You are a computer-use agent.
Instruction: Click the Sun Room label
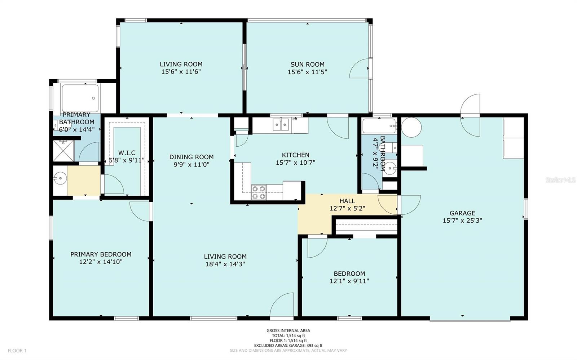(x=307, y=65)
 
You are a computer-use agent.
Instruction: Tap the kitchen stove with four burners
(x=259, y=192)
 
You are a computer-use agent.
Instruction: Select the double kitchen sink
(x=281, y=125)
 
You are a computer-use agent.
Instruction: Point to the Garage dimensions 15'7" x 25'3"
(x=462, y=221)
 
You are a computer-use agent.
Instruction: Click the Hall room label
(x=347, y=201)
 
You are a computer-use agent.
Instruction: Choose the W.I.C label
(x=127, y=153)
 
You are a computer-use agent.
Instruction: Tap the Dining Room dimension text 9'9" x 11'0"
(x=191, y=164)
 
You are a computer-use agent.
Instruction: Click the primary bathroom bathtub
(x=80, y=98)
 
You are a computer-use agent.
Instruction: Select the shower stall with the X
(x=63, y=151)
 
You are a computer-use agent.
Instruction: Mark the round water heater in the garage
(x=411, y=127)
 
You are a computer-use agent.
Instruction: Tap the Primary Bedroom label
(x=101, y=254)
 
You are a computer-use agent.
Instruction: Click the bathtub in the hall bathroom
(x=379, y=126)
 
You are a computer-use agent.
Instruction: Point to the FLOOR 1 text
(x=17, y=351)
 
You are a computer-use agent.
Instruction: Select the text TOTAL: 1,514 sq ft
(x=288, y=335)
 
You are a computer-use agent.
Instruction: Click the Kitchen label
(x=295, y=155)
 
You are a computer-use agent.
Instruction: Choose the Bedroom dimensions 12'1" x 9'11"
(x=349, y=281)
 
